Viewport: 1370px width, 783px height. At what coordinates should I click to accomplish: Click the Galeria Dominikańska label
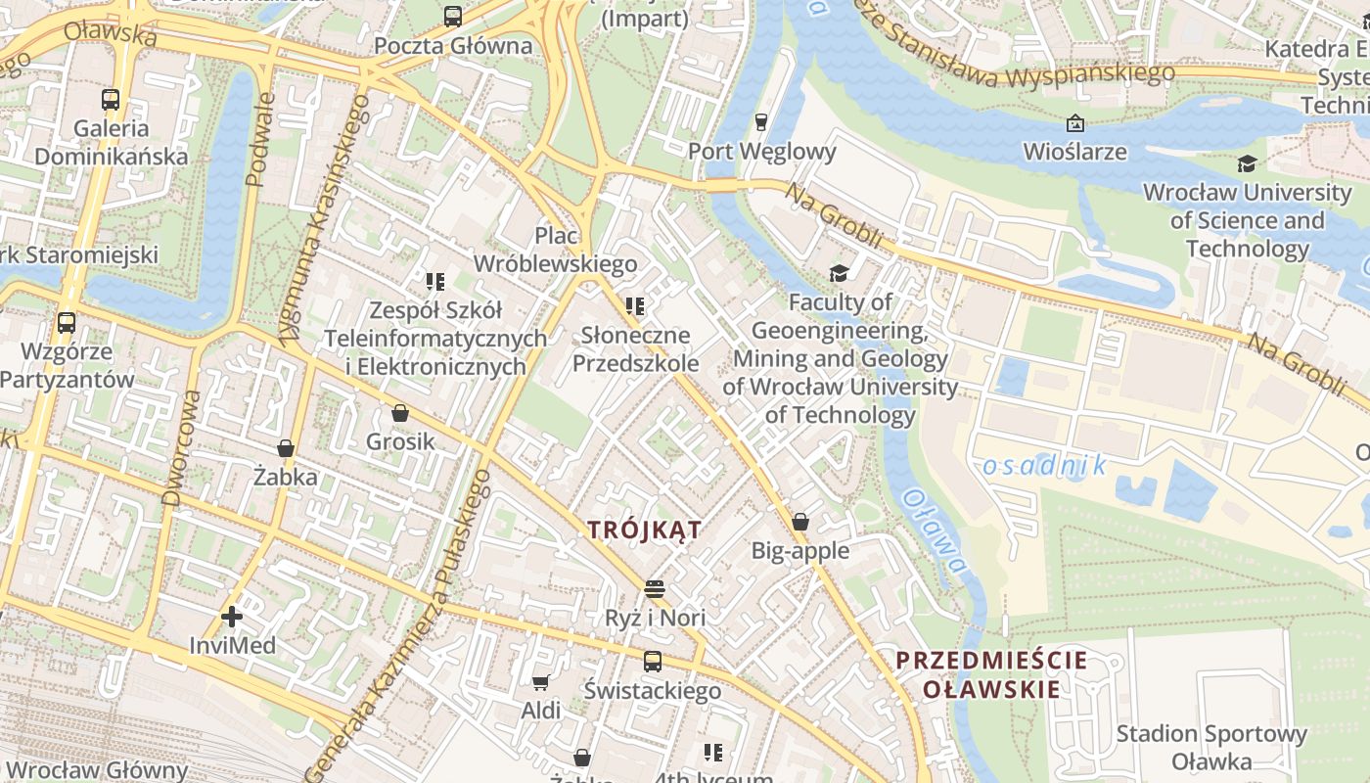coord(111,142)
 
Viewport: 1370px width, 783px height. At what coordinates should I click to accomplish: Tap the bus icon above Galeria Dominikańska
coord(111,99)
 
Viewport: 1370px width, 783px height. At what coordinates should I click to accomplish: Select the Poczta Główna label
coord(453,45)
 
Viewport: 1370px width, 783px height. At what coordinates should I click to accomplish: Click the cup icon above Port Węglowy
coord(761,121)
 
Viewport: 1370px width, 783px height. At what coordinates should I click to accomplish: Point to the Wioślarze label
coord(1074,152)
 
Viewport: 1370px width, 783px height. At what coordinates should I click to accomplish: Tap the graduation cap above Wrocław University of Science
coord(1246,163)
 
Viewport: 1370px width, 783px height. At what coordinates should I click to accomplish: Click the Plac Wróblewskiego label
coord(555,250)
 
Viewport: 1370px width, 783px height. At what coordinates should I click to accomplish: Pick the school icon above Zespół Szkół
coord(435,282)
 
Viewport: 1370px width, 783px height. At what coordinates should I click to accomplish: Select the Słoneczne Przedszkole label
coord(635,349)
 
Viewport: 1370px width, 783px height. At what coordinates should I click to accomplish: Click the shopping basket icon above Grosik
coord(399,413)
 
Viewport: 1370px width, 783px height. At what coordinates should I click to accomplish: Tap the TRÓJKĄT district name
coord(644,530)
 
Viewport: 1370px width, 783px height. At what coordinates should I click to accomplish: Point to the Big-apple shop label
coord(799,550)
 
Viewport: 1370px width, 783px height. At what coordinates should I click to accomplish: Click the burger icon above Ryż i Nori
coord(655,588)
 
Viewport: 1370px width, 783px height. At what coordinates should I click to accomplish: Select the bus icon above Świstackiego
coord(653,661)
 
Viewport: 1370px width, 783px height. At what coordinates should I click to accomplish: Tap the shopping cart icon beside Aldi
coord(540,682)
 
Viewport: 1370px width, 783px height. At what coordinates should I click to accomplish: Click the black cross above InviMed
coord(232,617)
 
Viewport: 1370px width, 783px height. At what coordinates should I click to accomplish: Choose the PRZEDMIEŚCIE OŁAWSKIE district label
coord(991,673)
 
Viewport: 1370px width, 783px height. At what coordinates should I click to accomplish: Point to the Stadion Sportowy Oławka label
coord(1211,747)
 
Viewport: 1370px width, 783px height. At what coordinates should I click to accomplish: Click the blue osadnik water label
coord(1043,466)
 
